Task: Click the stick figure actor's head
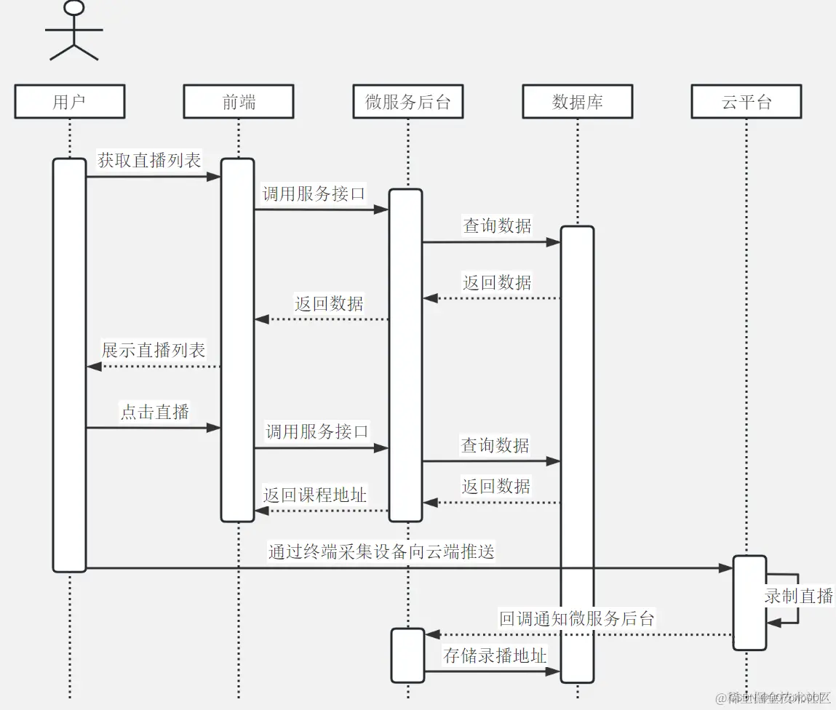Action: [74, 8]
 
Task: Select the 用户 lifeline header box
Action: [70, 102]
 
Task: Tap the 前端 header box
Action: [239, 102]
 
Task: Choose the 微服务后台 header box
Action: [407, 102]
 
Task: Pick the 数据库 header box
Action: [577, 102]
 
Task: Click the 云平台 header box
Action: [747, 102]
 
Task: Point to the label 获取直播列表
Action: [149, 160]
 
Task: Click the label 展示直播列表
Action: [154, 350]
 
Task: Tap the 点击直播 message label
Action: [154, 412]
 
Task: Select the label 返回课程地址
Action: [315, 495]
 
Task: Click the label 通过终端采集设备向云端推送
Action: [381, 551]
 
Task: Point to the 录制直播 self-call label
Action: [798, 596]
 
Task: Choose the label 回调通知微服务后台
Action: [577, 619]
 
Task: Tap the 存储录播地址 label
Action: [495, 655]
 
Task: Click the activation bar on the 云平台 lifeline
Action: [749, 602]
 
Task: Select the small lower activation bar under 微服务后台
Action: [407, 655]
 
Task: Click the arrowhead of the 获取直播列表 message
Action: [215, 176]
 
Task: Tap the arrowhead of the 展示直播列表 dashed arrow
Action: [92, 367]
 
